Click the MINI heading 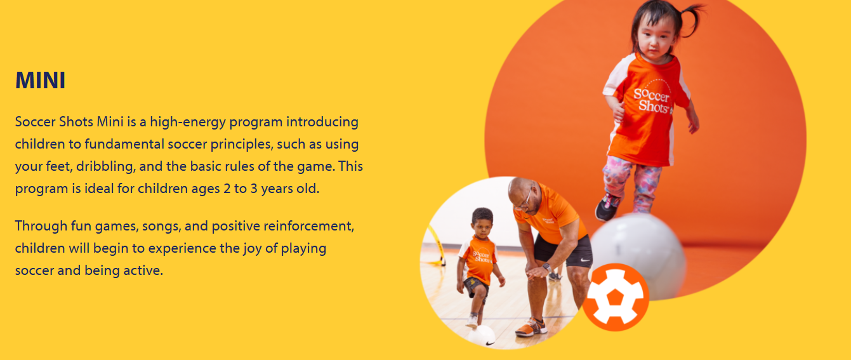click(40, 80)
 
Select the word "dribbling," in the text click(105, 167)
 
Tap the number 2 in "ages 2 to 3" click(227, 189)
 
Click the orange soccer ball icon click(616, 297)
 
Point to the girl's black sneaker click(607, 207)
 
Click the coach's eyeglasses click(525, 200)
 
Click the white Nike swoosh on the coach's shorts click(585, 261)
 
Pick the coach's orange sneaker click(531, 327)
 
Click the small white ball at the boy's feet click(482, 336)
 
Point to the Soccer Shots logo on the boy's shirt click(482, 257)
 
